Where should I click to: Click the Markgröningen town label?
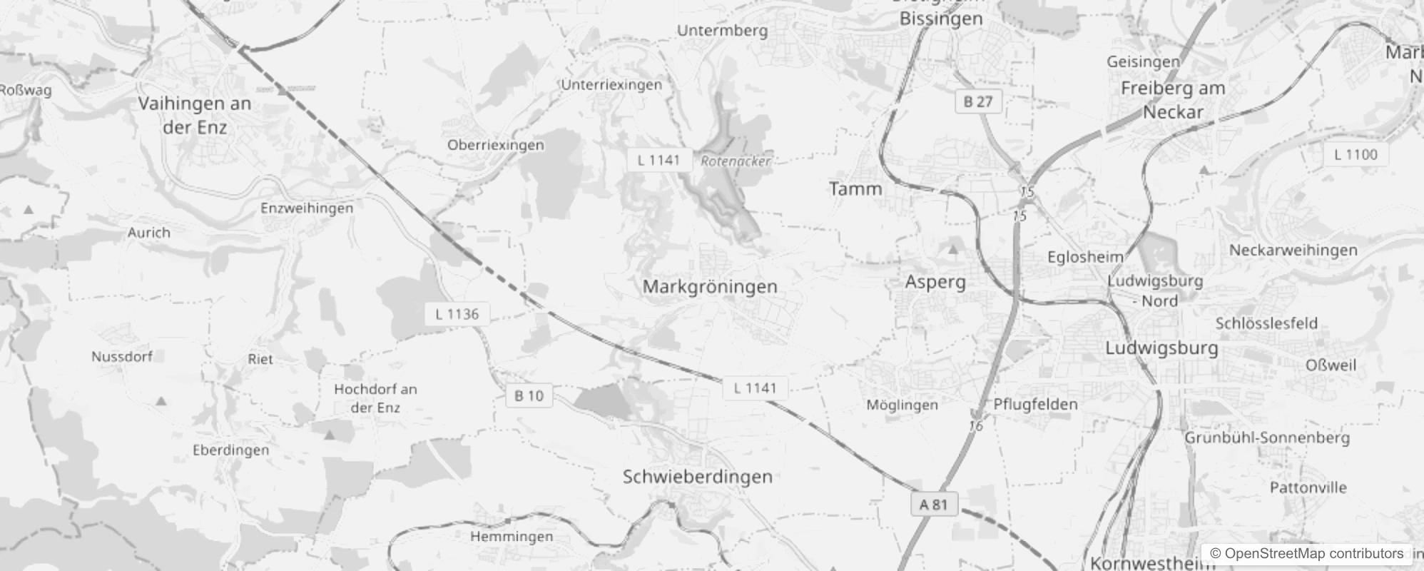coord(709,287)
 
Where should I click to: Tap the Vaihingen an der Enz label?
coord(194,116)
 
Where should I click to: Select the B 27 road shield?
coord(978,101)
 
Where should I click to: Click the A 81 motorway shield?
coord(933,505)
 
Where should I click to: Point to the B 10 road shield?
coord(529,395)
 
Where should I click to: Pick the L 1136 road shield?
coord(457,314)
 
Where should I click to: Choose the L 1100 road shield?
coord(1355,154)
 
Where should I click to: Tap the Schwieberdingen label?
coord(697,477)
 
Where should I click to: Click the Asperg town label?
coord(935,282)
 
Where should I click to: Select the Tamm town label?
coord(855,189)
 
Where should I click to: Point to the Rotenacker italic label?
coord(735,161)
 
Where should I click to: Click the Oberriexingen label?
coord(495,145)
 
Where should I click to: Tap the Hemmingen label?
coord(512,536)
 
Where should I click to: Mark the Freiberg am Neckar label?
coord(1173,100)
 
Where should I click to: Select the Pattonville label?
coord(1308,488)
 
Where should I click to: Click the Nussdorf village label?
coord(122,356)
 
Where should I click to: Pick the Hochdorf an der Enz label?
coord(375,398)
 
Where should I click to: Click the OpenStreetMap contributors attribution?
coord(1306,553)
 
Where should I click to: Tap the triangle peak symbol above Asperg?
coord(952,250)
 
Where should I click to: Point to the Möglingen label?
coord(902,405)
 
